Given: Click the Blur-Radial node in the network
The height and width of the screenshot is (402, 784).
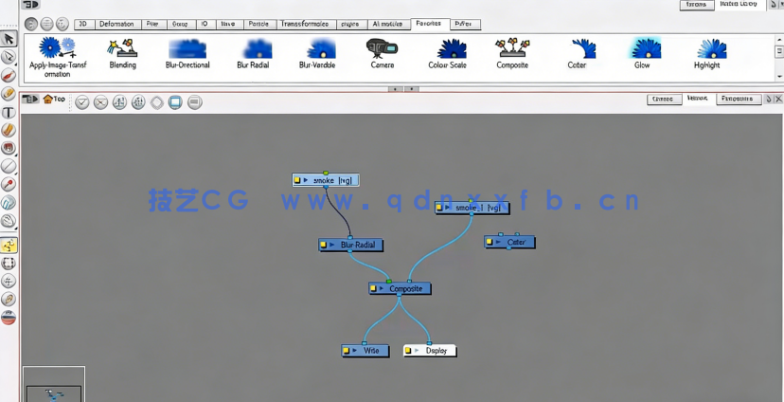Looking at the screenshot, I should (x=351, y=245).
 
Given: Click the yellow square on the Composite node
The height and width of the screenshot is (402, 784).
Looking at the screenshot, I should (x=375, y=288).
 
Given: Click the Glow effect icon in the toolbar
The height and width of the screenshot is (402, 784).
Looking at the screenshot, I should (x=642, y=48).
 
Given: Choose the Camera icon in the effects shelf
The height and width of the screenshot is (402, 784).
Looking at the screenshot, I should (x=382, y=48).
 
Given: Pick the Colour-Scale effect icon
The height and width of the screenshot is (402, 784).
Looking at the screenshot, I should (x=447, y=48).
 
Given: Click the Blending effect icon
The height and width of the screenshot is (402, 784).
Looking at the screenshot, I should (x=122, y=48).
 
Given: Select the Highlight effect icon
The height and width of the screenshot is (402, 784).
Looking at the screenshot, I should (x=707, y=48).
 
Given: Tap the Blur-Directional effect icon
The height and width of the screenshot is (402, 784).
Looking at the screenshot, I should (x=187, y=48).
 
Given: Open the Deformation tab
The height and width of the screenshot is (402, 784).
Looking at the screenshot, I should (x=116, y=24).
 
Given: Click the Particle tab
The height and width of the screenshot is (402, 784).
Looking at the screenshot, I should (x=258, y=24).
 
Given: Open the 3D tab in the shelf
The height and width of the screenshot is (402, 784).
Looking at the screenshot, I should (x=83, y=24).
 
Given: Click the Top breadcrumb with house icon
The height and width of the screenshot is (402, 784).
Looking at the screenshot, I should (x=55, y=99).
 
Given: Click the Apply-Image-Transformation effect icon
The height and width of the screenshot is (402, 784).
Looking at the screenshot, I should (x=57, y=47).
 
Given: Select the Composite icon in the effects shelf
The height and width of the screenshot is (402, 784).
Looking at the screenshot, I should (x=512, y=48).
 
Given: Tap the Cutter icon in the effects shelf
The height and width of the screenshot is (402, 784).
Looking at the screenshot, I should (x=578, y=48).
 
